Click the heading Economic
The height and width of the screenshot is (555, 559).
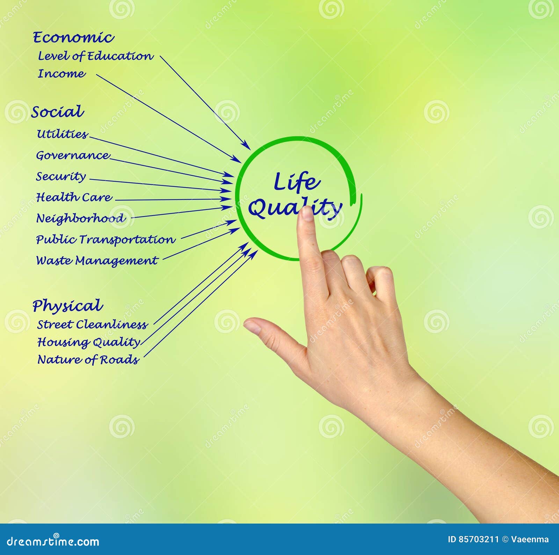(73, 38)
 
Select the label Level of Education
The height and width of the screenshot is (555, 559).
(95, 56)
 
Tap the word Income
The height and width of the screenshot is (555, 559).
(61, 74)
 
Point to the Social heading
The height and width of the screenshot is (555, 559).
(58, 112)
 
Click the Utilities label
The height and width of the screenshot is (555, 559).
(62, 134)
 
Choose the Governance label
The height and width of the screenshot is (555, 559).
(73, 155)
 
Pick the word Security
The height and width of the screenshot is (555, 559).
(61, 176)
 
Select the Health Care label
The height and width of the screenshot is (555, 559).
(74, 197)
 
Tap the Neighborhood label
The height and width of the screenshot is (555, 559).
(81, 219)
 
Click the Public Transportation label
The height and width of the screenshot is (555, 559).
(105, 240)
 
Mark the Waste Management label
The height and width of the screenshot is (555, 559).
(97, 261)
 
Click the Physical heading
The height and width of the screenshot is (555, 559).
(68, 306)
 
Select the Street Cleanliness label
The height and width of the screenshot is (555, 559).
(92, 324)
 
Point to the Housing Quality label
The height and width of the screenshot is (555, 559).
(89, 342)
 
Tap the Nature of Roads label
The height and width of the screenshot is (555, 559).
(88, 359)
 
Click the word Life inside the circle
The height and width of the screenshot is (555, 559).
(296, 182)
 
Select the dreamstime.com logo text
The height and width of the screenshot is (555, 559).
(53, 541)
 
